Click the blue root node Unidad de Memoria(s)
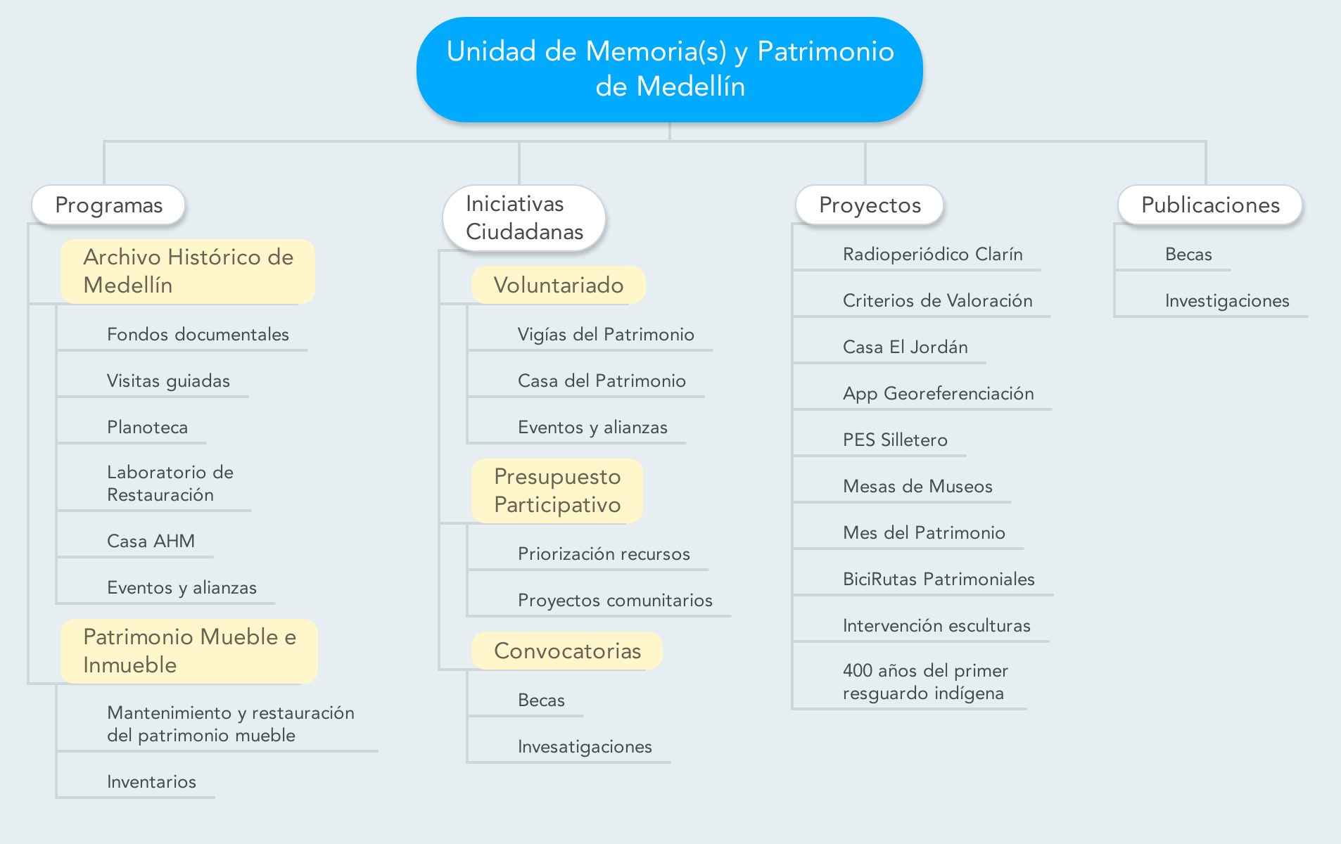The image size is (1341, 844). pyautogui.click(x=669, y=70)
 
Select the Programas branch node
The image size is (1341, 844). pyautogui.click(x=108, y=205)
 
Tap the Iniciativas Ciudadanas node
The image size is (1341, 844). pyautogui.click(x=524, y=217)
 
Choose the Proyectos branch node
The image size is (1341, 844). pyautogui.click(x=870, y=205)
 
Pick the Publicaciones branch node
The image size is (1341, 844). pyautogui.click(x=1210, y=205)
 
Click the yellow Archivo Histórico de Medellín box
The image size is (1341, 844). pyautogui.click(x=188, y=271)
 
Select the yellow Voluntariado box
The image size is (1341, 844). pyautogui.click(x=559, y=285)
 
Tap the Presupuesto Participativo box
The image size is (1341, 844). pyautogui.click(x=557, y=490)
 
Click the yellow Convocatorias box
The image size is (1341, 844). pyautogui.click(x=567, y=651)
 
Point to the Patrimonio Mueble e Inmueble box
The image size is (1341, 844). pyautogui.click(x=189, y=651)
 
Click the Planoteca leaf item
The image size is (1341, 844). pyautogui.click(x=147, y=427)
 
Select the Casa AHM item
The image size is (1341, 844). pyautogui.click(x=151, y=541)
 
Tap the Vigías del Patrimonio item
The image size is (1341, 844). pyautogui.click(x=606, y=334)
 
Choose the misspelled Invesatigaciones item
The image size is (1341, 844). pyautogui.click(x=585, y=746)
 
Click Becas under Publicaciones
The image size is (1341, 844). pyautogui.click(x=1188, y=254)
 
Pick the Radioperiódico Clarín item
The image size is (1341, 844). pyautogui.click(x=932, y=254)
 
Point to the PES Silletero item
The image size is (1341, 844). pyautogui.click(x=895, y=440)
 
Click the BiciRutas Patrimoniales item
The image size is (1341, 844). pyautogui.click(x=939, y=579)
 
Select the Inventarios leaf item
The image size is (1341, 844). pyautogui.click(x=151, y=781)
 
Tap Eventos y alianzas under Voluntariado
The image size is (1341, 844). pyautogui.click(x=592, y=427)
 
